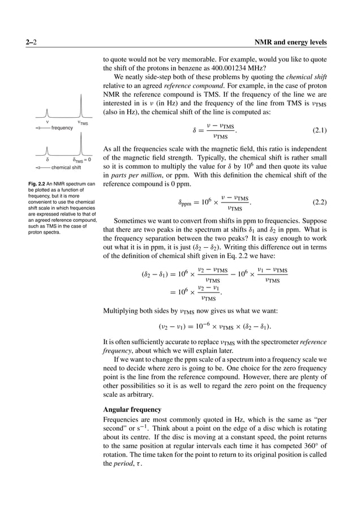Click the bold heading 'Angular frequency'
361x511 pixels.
pyautogui.click(x=132, y=409)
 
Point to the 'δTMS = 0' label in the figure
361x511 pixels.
pyautogui.click(x=81, y=160)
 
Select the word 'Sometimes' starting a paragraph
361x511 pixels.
pyautogui.click(x=134, y=221)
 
